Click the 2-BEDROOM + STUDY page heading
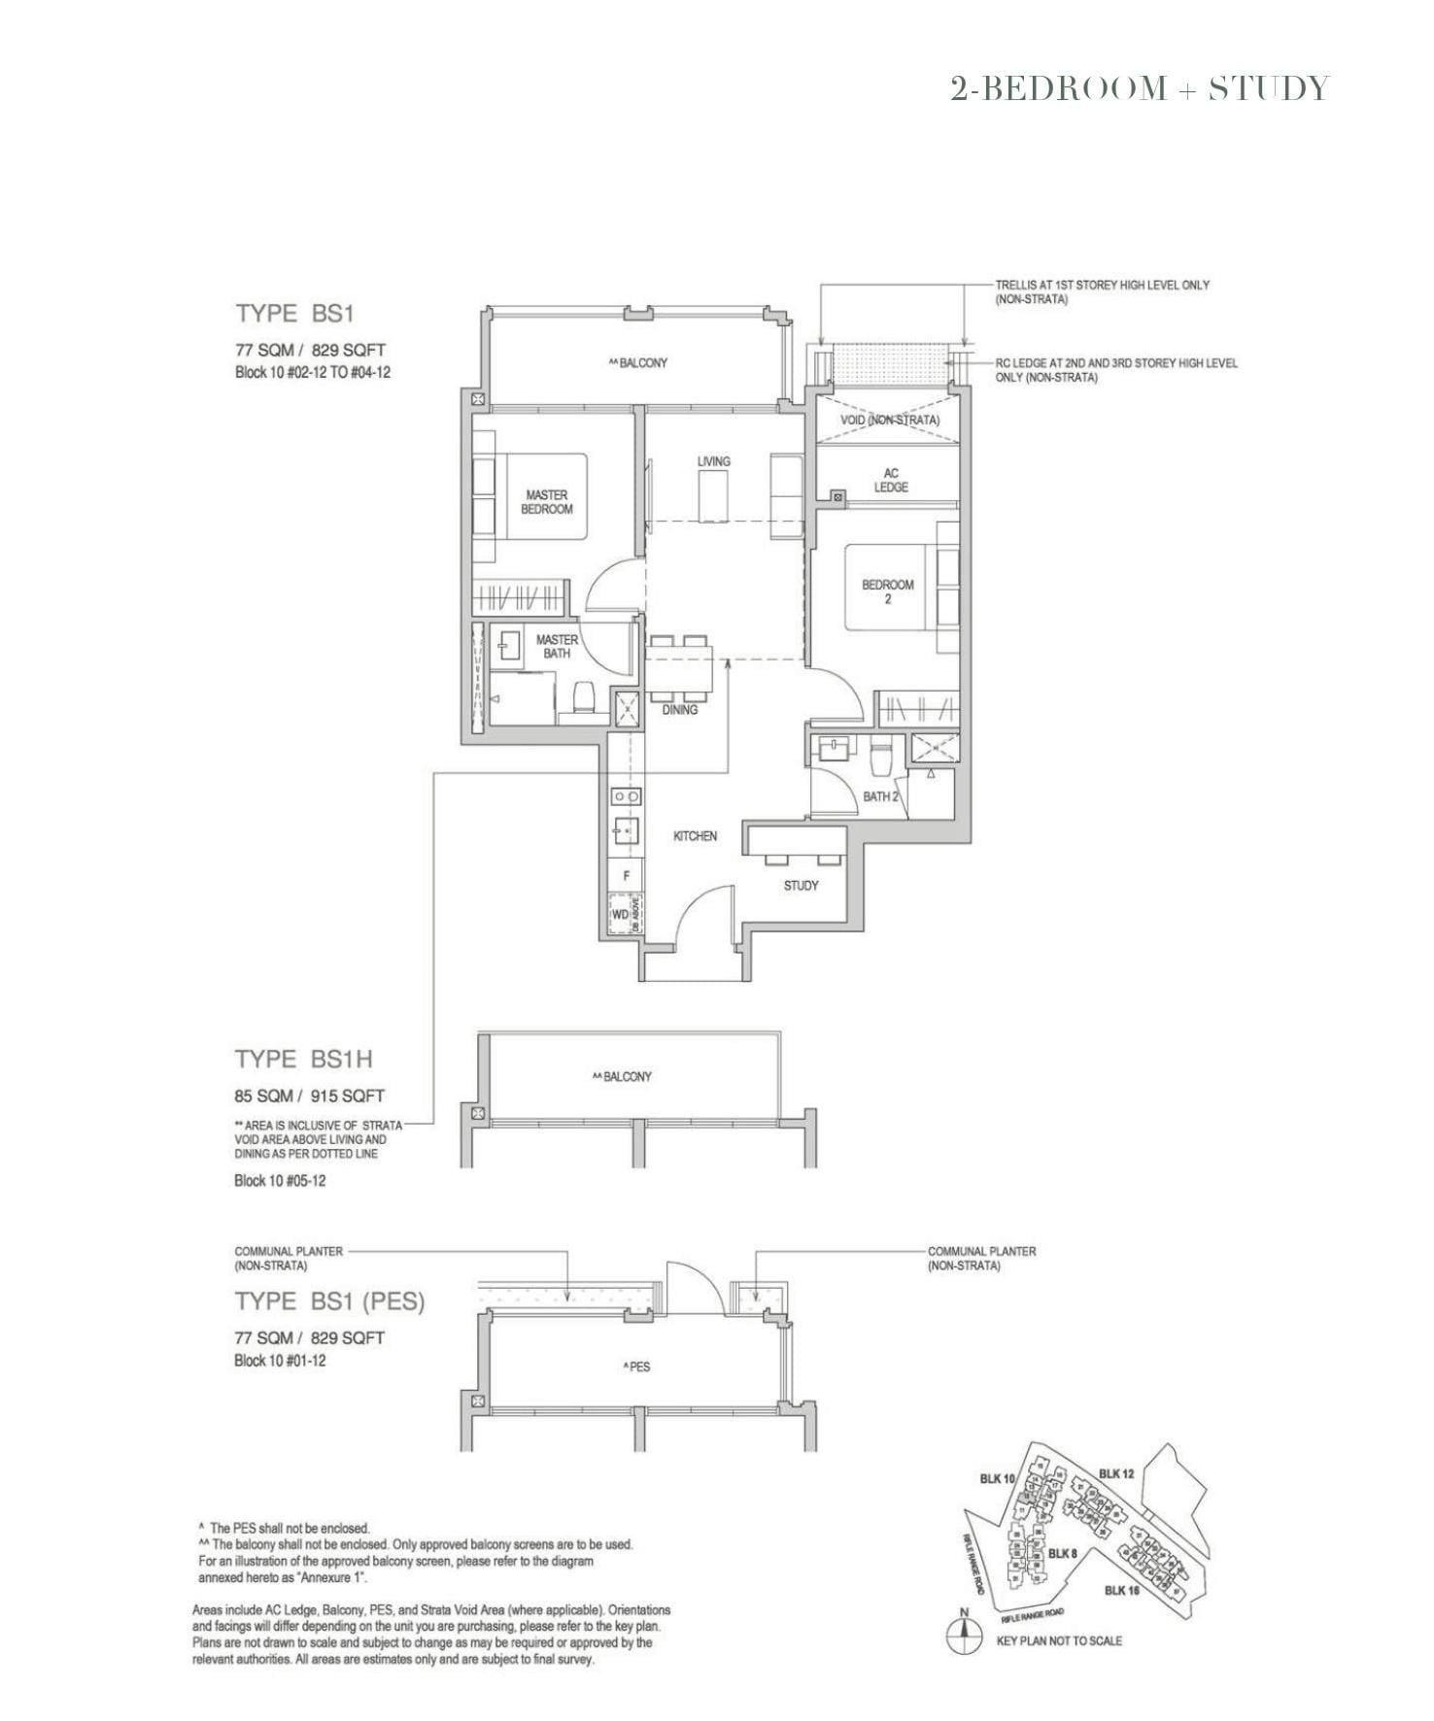pyautogui.click(x=1139, y=88)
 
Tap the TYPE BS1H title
pyautogui.click(x=303, y=1059)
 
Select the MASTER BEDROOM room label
pyautogui.click(x=547, y=502)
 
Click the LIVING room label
pyautogui.click(x=713, y=461)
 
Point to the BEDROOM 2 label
pyautogui.click(x=887, y=591)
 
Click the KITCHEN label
pyautogui.click(x=695, y=836)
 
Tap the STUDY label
pyautogui.click(x=801, y=886)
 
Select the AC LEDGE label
pyautogui.click(x=890, y=480)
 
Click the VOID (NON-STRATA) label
pyautogui.click(x=890, y=421)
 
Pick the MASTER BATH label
pyautogui.click(x=557, y=647)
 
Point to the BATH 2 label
pyautogui.click(x=880, y=796)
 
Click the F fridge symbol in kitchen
pyautogui.click(x=627, y=875)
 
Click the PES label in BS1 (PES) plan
pyautogui.click(x=637, y=1367)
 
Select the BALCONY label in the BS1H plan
pyautogui.click(x=623, y=1076)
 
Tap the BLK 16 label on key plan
pyautogui.click(x=1121, y=1590)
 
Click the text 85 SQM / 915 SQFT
pyautogui.click(x=309, y=1096)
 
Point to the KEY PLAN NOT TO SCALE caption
pyautogui.click(x=1059, y=1640)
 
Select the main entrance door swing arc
pyautogui.click(x=697, y=918)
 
